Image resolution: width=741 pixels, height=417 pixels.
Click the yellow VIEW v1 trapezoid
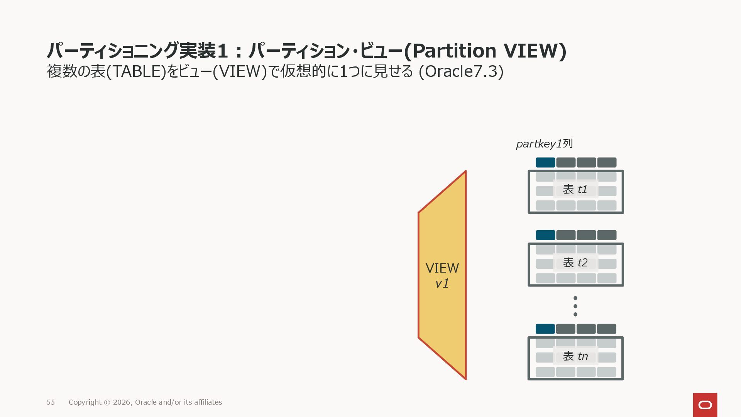pos(442,275)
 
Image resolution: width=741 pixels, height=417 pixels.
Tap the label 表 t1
pos(575,189)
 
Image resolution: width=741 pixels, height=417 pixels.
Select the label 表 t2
pos(575,263)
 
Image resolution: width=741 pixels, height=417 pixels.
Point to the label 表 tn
pos(575,356)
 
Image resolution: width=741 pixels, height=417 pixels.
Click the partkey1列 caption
pos(544,144)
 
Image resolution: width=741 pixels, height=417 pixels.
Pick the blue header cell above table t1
pos(545,163)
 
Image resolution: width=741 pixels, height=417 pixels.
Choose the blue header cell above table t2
pos(545,235)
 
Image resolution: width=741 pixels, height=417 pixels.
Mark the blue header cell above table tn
pos(545,329)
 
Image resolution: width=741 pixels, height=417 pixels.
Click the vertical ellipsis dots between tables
pos(575,306)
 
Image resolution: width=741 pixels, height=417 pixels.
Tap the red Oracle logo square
pos(705,405)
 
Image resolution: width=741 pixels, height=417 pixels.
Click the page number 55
pos(51,402)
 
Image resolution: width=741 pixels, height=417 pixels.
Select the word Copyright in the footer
pos(85,402)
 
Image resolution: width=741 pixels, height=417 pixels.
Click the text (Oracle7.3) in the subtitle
pos(461,71)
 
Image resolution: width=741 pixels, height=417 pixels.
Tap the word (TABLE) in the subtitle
pos(135,71)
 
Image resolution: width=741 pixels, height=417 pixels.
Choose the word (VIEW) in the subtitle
pos(240,71)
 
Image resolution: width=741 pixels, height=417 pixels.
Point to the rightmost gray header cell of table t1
pos(607,163)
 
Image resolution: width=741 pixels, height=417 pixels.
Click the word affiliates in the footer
pos(208,402)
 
